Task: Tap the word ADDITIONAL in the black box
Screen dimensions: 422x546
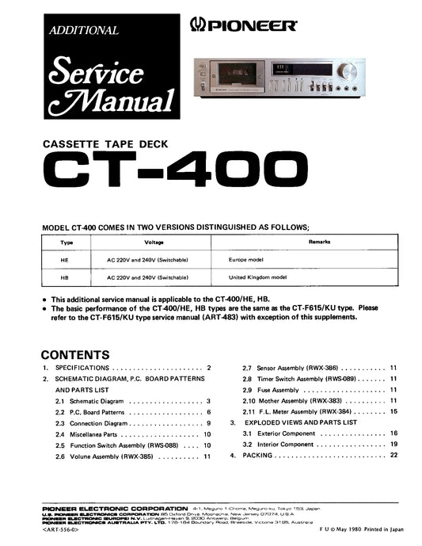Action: pyautogui.click(x=84, y=31)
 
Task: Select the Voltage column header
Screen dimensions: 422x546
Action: pyautogui.click(x=154, y=242)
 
